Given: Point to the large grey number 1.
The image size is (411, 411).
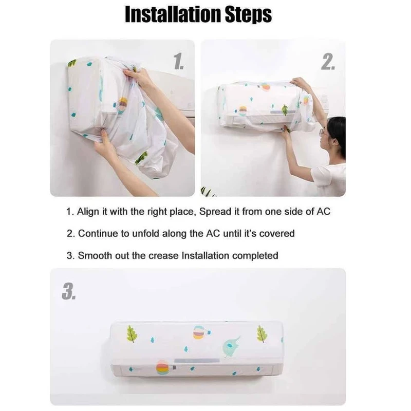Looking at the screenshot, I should tap(178, 61).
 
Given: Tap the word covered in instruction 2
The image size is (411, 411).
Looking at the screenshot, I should tap(278, 234).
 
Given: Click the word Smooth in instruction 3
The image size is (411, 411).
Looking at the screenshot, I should tap(92, 255).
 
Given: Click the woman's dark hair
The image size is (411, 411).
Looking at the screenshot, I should tap(337, 132).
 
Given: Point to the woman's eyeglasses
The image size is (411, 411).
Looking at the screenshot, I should tap(323, 133).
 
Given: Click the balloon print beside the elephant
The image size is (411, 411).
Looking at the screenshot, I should tap(200, 332).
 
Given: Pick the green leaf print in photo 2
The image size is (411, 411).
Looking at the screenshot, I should tap(284, 109).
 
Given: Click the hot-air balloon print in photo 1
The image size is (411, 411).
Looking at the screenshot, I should tap(122, 105).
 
